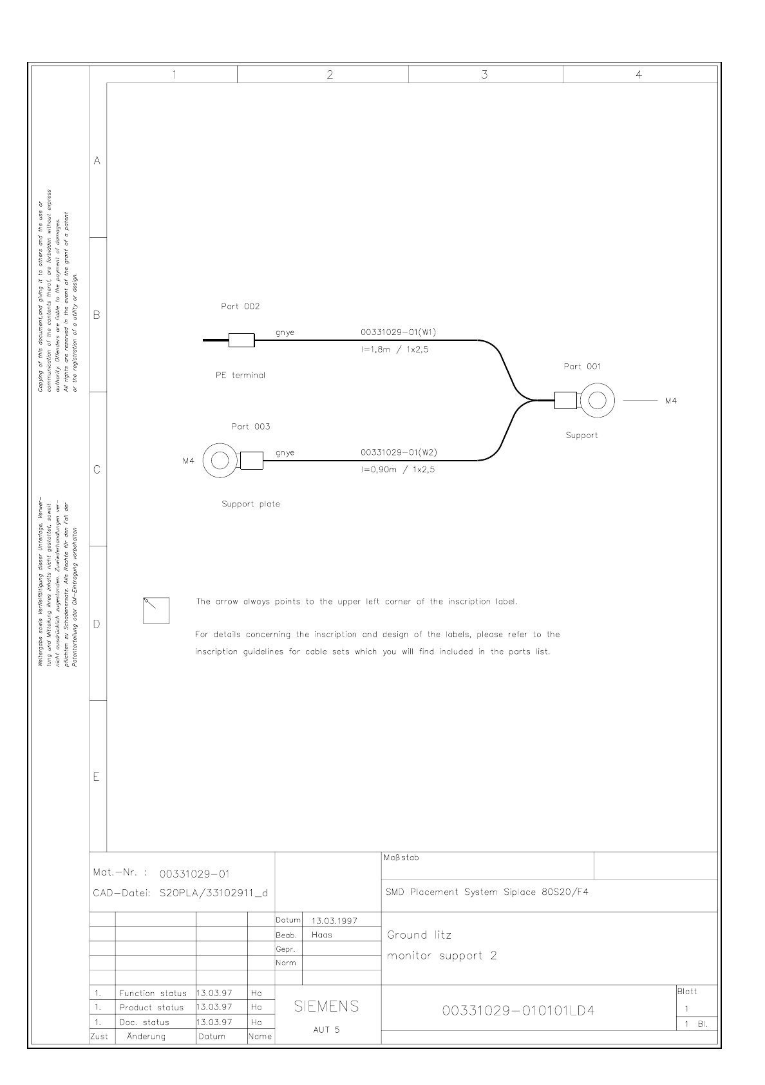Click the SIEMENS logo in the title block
(x=326, y=1006)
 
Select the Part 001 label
(x=581, y=367)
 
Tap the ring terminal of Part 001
(x=597, y=400)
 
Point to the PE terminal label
(x=240, y=376)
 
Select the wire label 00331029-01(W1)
(x=399, y=332)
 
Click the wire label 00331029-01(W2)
(x=399, y=452)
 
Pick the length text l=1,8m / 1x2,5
(x=395, y=349)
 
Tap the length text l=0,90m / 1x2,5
(x=397, y=470)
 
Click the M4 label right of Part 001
(x=670, y=401)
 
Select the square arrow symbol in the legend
(x=156, y=610)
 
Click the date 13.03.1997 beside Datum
(x=334, y=921)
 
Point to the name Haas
(x=321, y=935)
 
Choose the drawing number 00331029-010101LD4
(x=518, y=1011)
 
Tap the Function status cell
(x=153, y=994)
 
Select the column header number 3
(x=484, y=74)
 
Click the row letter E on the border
(x=97, y=777)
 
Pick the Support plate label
(x=250, y=504)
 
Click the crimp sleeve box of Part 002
(x=241, y=340)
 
